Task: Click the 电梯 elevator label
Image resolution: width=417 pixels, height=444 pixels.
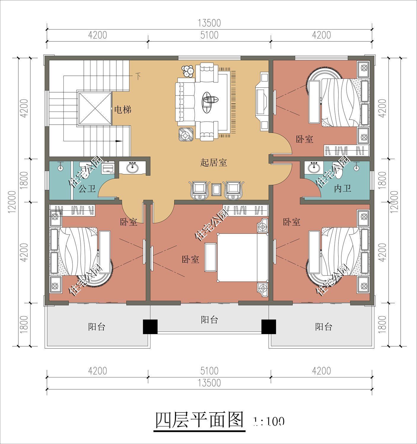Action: [123, 110]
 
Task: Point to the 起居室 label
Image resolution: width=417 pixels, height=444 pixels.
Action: [214, 163]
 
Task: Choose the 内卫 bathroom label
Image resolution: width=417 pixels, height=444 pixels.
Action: [343, 189]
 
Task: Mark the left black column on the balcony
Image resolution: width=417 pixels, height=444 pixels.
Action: [150, 326]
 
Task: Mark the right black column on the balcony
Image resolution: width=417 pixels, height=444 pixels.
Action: [268, 326]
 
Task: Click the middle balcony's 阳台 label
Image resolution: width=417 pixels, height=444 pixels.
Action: [209, 320]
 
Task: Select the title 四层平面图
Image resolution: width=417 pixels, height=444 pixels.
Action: [200, 420]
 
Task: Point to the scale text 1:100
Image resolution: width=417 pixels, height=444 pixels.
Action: [269, 421]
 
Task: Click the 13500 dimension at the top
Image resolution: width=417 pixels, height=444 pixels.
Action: [210, 23]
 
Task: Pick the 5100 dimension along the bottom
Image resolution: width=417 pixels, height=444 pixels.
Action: [209, 371]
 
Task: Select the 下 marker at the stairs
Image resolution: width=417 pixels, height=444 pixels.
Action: [138, 76]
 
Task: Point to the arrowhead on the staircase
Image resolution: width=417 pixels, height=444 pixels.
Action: [118, 141]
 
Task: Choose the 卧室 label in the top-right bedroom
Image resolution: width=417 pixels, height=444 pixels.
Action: [305, 139]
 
